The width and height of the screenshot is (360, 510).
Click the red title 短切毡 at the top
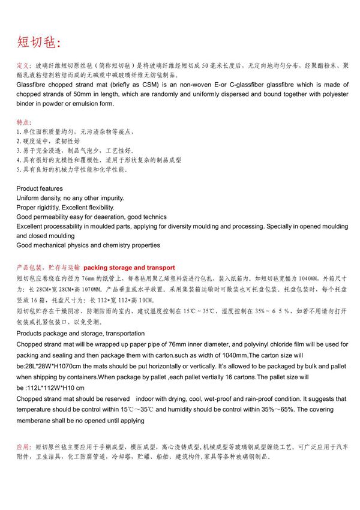tap(38, 42)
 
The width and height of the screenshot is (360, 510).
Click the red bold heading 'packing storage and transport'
tap(129, 268)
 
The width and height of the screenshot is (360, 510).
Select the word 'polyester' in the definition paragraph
tap(329, 94)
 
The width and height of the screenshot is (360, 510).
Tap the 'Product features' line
tap(39, 188)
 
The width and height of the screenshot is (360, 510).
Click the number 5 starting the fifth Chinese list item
tap(18, 170)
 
